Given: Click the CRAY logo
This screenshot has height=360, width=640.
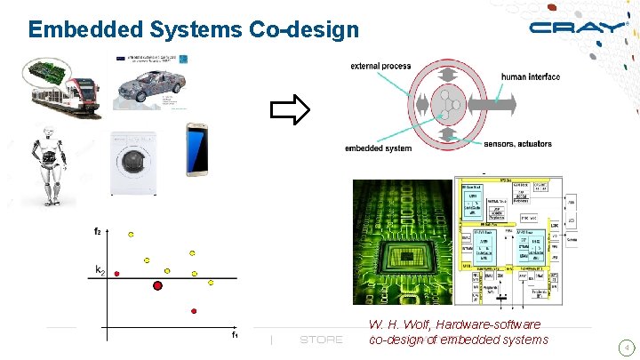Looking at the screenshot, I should point(578,27).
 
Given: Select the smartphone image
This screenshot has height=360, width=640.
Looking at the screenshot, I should point(197,150).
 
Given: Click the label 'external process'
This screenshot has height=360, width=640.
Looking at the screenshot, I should point(380,67).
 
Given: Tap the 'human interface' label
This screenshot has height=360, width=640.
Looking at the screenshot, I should point(531,77).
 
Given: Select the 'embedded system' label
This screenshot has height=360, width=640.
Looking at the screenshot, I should point(378,148).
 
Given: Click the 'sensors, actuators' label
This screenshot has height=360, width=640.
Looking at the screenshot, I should point(517,144).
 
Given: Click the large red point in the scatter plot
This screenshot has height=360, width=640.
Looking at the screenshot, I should point(157,285).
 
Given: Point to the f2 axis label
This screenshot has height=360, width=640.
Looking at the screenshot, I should point(98,231).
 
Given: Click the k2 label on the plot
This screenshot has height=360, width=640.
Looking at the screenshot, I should point(100,269).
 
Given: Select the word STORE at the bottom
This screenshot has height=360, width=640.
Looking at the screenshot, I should point(321,340).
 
